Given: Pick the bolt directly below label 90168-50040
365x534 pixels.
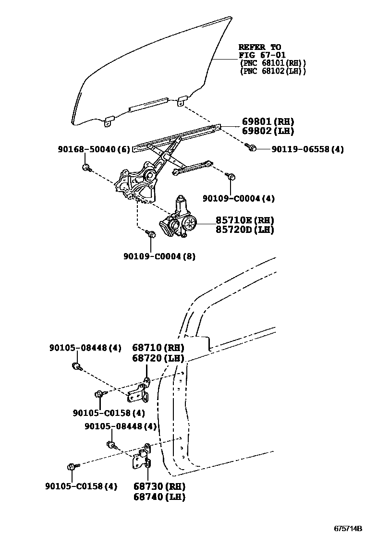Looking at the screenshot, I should [86, 168].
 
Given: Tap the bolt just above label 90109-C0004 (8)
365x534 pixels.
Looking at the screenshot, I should [150, 234].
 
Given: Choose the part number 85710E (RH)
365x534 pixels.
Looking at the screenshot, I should [244, 220].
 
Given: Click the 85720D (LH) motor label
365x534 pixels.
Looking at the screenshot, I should [244, 230].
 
